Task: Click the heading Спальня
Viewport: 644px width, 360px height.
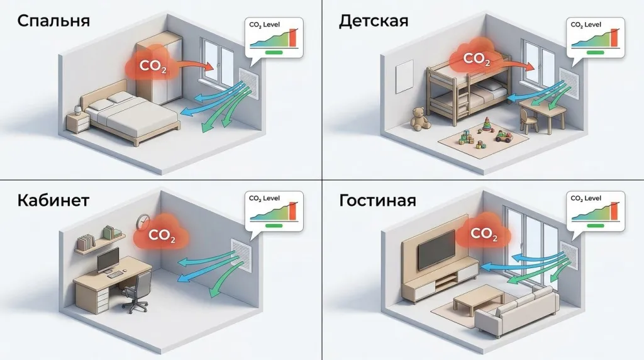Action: click(x=53, y=21)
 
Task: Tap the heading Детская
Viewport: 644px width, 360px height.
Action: click(x=374, y=21)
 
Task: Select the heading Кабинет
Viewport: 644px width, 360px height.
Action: click(x=53, y=200)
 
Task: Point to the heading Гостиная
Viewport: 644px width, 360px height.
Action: click(x=377, y=200)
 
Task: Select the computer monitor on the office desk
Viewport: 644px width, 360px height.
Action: click(x=108, y=260)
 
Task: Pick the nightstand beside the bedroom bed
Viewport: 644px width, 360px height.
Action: click(x=77, y=123)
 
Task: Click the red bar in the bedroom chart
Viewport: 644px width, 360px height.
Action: click(x=292, y=38)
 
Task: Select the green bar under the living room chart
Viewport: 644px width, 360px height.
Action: click(x=595, y=225)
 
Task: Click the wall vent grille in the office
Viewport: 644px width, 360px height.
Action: click(x=241, y=254)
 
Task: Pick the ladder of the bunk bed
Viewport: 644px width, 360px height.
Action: click(x=462, y=102)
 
